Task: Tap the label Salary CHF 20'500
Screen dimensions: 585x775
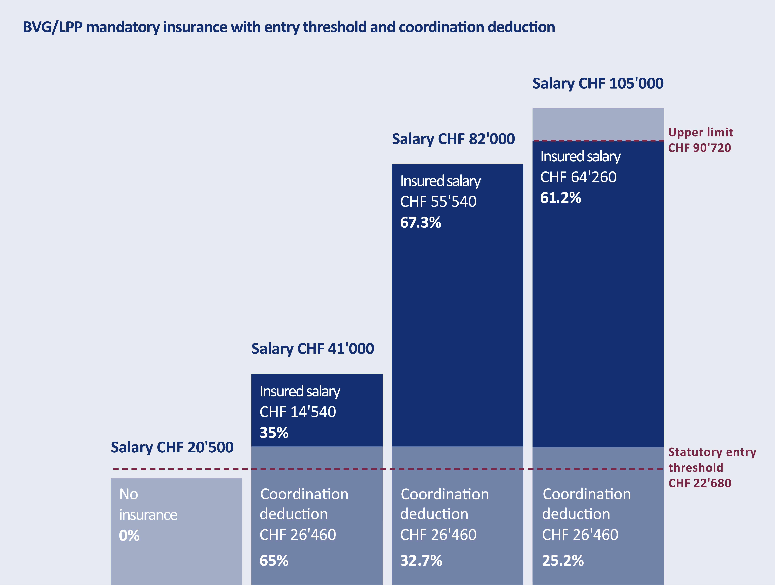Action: point(172,447)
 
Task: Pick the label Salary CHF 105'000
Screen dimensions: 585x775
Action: point(598,83)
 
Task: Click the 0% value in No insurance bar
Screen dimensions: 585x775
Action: point(129,536)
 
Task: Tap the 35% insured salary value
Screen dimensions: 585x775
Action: point(274,433)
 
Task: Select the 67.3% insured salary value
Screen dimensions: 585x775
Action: point(420,222)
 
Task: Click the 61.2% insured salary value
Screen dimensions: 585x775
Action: point(561,198)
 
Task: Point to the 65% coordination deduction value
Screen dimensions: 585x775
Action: point(274,560)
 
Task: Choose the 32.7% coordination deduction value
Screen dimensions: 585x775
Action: point(421,560)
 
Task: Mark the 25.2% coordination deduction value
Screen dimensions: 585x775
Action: point(563,560)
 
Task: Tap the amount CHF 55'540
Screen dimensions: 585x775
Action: point(438,202)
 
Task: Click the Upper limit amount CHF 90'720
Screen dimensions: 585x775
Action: point(699,148)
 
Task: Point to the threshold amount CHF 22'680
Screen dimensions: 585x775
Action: point(700,483)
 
